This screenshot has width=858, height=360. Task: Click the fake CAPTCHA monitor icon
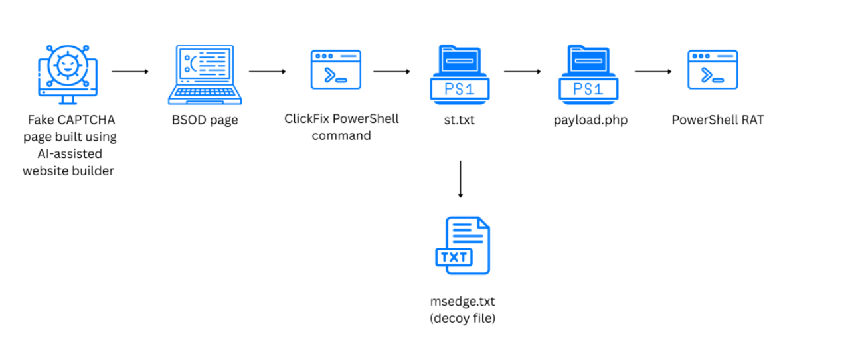coord(68,74)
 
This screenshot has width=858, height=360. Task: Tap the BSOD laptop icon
coord(205,74)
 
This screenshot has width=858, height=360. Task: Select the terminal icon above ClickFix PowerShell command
coord(336,70)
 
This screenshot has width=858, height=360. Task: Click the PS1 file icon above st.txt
coord(460,74)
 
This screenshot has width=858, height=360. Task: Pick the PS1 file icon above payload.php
coord(588,74)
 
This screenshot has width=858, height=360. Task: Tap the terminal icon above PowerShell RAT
coord(713,70)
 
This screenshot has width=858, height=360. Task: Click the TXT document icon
coord(463,246)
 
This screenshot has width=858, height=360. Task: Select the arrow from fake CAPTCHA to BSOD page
coord(130,72)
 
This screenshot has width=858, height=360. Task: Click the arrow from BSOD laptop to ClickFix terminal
coord(268,72)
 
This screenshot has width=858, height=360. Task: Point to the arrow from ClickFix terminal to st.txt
coord(391,72)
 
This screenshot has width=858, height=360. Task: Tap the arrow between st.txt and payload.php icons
coord(523,72)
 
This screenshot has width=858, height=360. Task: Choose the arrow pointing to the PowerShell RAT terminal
coord(653,72)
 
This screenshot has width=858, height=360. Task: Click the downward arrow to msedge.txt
coord(460,179)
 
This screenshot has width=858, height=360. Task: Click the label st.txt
coord(460,120)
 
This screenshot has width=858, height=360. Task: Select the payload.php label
coord(590,120)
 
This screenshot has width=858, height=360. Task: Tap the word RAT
coord(752,120)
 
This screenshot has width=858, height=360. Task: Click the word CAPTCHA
coord(86,120)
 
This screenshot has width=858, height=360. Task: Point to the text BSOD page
coord(205,120)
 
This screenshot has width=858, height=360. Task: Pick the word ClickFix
coord(307,119)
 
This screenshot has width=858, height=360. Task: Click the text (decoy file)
coord(463,318)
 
